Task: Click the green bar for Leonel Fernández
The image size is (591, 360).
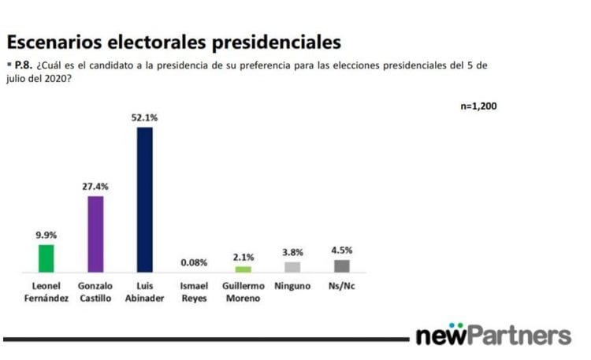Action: tap(46, 258)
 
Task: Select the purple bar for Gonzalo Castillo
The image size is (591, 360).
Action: tap(95, 234)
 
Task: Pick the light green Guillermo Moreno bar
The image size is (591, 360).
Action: tap(243, 269)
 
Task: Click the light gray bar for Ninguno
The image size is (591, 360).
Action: tap(292, 267)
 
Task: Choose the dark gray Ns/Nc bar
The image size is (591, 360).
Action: tap(341, 266)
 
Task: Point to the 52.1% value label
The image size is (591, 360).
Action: tap(145, 117)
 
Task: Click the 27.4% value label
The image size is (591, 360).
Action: tap(95, 187)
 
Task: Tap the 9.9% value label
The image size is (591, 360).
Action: tap(46, 235)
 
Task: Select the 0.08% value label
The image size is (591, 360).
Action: tap(194, 262)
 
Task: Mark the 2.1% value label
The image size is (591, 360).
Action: tap(243, 257)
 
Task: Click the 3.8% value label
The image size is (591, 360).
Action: tap(292, 252)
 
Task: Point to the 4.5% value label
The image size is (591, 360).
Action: tap(341, 251)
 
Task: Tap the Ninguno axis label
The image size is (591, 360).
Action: tap(292, 286)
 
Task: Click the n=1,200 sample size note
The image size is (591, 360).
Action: tap(478, 106)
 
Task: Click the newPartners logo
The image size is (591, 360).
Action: tap(493, 335)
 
